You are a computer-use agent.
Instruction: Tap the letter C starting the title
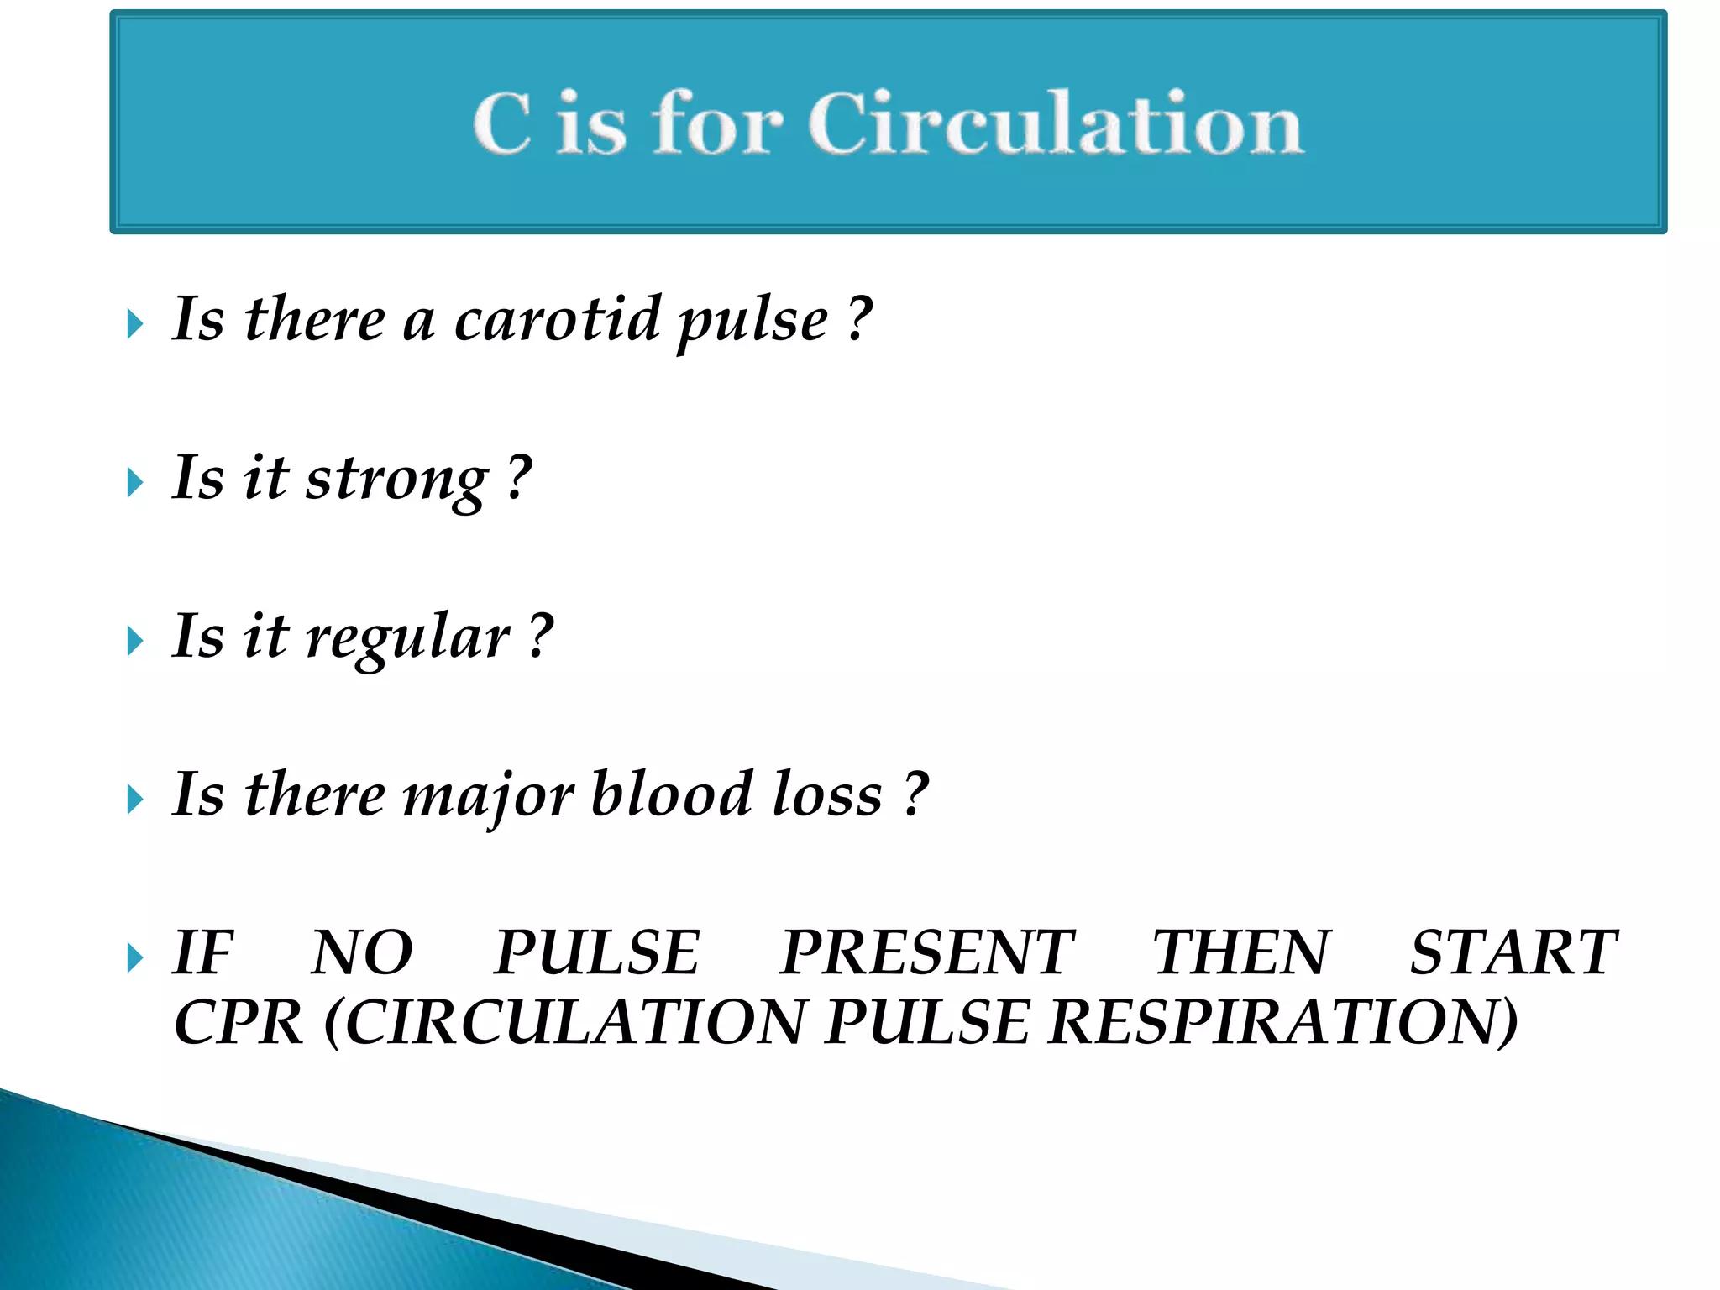(x=502, y=123)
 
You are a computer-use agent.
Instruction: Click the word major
(x=489, y=796)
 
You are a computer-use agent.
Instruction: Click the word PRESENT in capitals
(x=926, y=952)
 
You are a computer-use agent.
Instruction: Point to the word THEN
(x=1241, y=952)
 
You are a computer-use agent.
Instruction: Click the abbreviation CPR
(x=238, y=1023)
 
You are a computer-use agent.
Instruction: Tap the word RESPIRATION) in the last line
(x=1283, y=1023)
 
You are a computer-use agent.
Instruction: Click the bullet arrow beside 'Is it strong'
(x=134, y=483)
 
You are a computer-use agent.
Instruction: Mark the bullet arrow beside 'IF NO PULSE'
(x=134, y=957)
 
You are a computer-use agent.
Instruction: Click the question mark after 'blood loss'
(x=916, y=794)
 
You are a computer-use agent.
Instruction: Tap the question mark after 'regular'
(x=542, y=637)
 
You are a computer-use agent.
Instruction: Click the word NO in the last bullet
(x=362, y=952)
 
